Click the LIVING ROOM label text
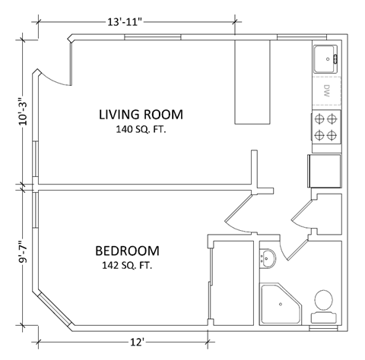click(141, 115)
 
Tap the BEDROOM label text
click(128, 251)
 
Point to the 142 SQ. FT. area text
click(128, 266)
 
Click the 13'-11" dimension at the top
click(129, 23)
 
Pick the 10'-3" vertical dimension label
click(23, 110)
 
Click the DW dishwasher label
click(326, 93)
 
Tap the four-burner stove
click(325, 128)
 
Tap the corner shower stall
click(279, 304)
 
